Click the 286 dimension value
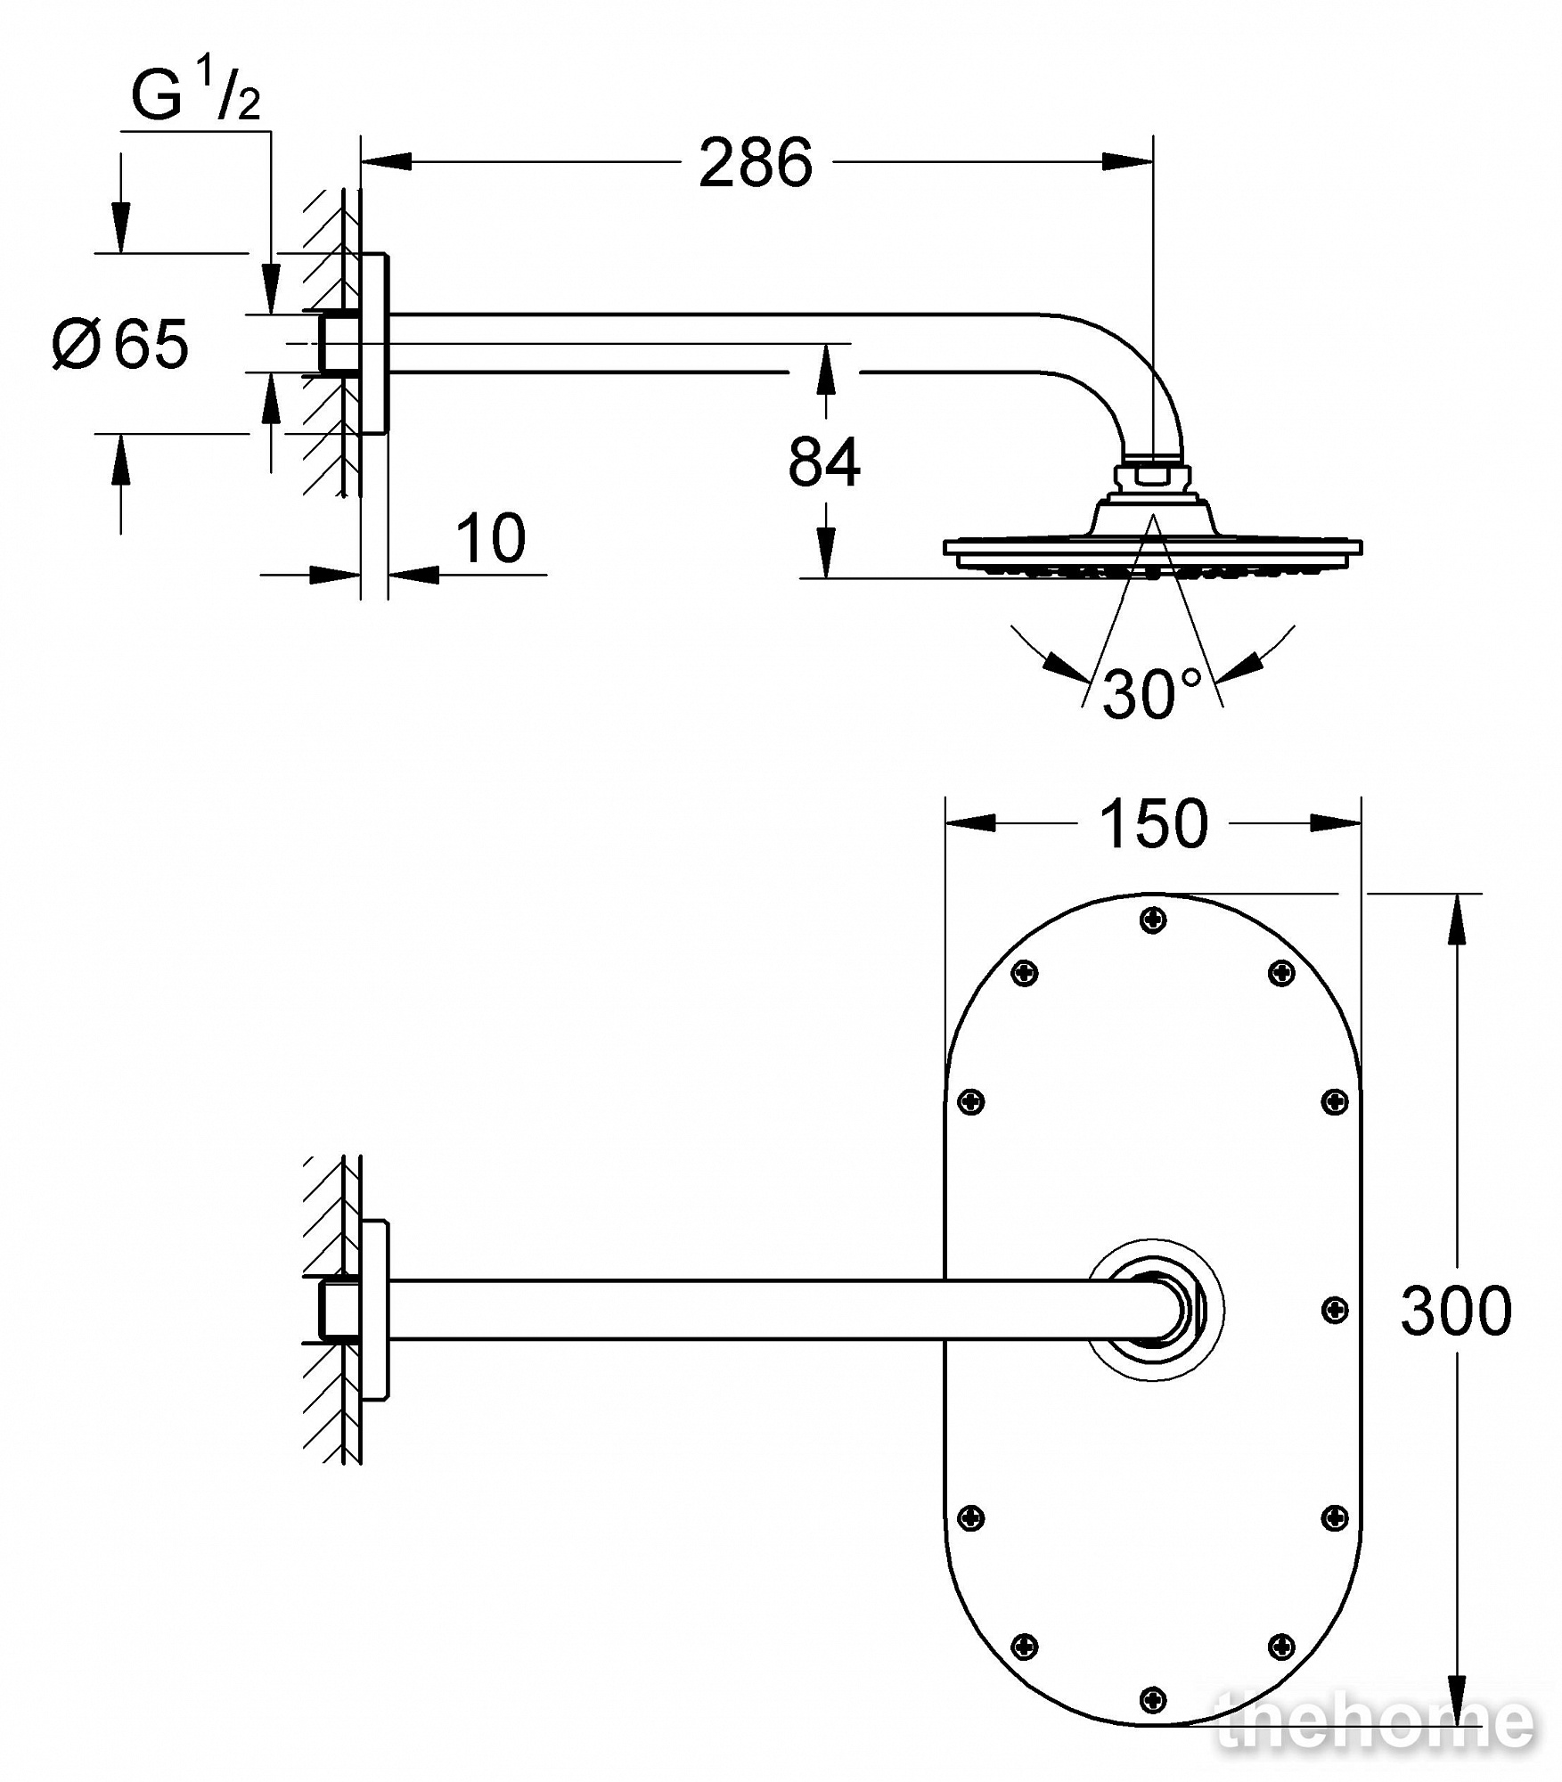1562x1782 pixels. point(756,164)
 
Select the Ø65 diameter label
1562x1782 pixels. point(121,343)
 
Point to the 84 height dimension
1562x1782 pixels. point(824,462)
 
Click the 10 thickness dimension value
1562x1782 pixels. point(491,538)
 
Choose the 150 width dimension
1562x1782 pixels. point(1154,823)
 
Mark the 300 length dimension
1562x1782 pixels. point(1456,1310)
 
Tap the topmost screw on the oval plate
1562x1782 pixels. point(1153,920)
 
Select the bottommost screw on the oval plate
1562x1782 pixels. point(1153,1700)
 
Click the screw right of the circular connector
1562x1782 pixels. point(1335,1309)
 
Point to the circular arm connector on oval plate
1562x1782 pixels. point(1156,1309)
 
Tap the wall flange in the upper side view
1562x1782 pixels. point(374,343)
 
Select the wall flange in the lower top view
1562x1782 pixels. point(374,1309)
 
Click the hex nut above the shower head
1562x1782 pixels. point(1153,470)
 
